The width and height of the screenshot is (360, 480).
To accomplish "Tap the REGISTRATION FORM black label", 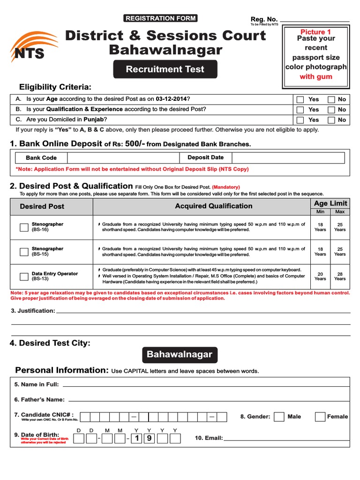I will (160, 18).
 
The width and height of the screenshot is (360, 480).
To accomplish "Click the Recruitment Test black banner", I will (165, 69).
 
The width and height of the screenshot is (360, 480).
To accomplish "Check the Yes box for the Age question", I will (300, 99).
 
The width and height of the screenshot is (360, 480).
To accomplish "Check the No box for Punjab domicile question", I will (331, 120).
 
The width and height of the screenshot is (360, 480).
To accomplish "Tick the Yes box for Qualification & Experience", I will (300, 110).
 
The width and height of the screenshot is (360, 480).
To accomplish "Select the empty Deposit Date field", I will (288, 158).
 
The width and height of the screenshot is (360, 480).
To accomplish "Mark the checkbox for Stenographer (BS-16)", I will (24, 227).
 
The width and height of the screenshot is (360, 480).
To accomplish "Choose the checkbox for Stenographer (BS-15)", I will (24, 252).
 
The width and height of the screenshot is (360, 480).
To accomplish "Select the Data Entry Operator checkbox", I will (24, 276).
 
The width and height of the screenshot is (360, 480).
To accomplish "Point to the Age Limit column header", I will (330, 203).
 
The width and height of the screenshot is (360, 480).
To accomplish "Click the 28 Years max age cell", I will (340, 276).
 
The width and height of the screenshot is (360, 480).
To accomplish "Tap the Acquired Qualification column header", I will (213, 206).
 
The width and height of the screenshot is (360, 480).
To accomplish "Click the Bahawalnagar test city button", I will (180, 355).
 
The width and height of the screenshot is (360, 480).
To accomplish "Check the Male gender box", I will (279, 417).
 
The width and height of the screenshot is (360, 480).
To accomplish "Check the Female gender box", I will (320, 417).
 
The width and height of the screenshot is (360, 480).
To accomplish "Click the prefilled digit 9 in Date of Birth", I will (149, 439).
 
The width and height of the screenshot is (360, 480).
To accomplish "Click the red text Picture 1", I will (315, 32).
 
